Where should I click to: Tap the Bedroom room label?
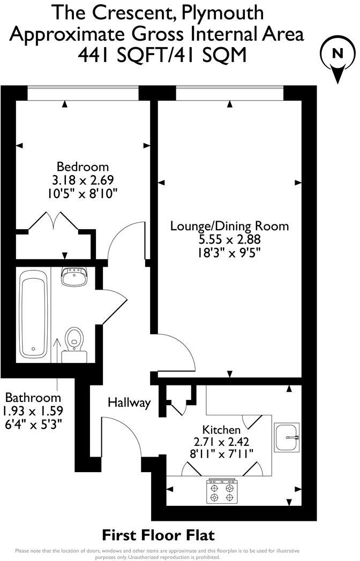(x=83, y=166)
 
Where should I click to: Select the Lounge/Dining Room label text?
(x=229, y=226)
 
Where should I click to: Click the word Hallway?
(x=129, y=403)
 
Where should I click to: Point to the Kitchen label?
(x=221, y=429)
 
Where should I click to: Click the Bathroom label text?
(x=33, y=398)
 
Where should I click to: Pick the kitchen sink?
(x=287, y=437)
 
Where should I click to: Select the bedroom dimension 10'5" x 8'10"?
(x=83, y=193)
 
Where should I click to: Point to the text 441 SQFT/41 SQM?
(x=157, y=55)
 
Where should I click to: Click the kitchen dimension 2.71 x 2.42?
(x=221, y=442)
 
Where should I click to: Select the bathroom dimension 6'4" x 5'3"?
(x=33, y=424)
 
